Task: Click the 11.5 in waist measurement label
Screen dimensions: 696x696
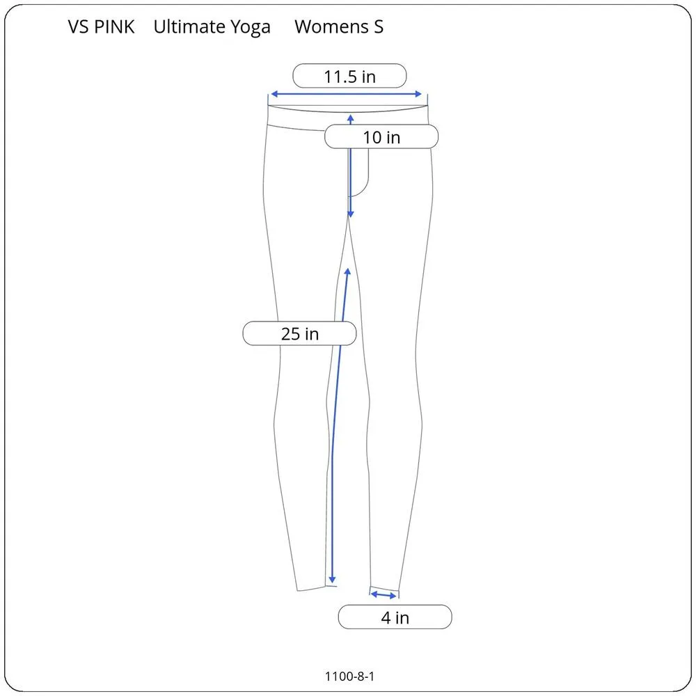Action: click(x=349, y=76)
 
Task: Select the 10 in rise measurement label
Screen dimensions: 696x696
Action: click(x=381, y=137)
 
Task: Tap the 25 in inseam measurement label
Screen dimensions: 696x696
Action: click(x=299, y=333)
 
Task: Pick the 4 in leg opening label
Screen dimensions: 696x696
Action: click(x=395, y=617)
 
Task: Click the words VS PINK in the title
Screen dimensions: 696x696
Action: click(x=102, y=27)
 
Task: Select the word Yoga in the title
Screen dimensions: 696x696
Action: click(x=248, y=28)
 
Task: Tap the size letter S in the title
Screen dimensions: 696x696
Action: click(x=378, y=27)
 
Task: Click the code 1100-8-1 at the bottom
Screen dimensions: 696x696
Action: click(x=354, y=675)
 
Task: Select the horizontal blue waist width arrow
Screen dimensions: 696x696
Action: click(x=346, y=94)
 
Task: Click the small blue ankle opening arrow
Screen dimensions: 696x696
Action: click(x=383, y=595)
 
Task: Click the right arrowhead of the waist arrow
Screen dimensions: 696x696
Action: click(x=419, y=94)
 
